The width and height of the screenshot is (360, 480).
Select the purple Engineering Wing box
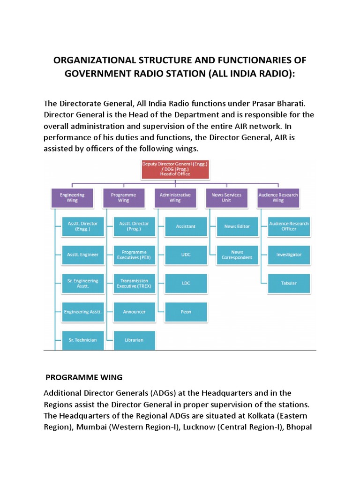tap(72, 197)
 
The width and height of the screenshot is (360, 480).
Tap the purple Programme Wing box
tap(124, 197)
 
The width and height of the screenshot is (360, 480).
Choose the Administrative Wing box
tap(175, 197)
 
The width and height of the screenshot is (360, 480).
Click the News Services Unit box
tap(227, 197)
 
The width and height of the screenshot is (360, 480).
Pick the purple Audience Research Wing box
tap(278, 197)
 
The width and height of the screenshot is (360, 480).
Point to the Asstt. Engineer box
tap(82, 255)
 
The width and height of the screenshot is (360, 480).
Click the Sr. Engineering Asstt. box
tap(82, 283)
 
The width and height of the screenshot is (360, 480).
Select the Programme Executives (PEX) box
tap(134, 255)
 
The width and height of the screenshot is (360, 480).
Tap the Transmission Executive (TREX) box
tap(134, 283)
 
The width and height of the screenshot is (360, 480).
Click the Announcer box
tap(134, 311)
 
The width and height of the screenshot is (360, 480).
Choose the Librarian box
tap(134, 340)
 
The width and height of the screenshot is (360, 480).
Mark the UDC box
tap(186, 255)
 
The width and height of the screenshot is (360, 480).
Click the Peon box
tap(186, 311)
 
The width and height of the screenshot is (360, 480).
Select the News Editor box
tap(237, 226)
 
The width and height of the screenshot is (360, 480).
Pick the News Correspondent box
tap(237, 255)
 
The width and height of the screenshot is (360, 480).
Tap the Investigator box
tap(289, 255)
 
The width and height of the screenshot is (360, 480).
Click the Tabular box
tap(289, 283)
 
